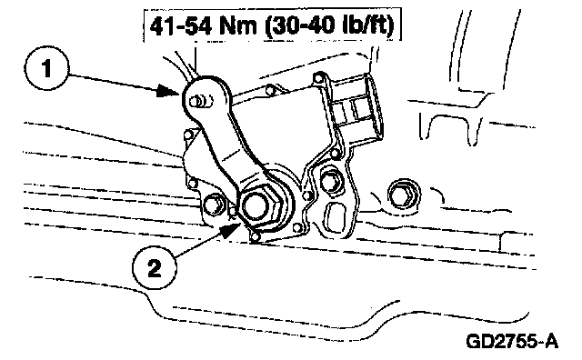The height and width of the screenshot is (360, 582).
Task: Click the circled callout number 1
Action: point(46,69)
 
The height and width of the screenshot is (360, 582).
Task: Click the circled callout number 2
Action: point(155,267)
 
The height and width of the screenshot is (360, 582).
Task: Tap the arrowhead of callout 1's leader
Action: point(169,91)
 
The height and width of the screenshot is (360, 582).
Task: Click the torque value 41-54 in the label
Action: point(181,26)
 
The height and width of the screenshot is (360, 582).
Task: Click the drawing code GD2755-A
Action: point(512,341)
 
